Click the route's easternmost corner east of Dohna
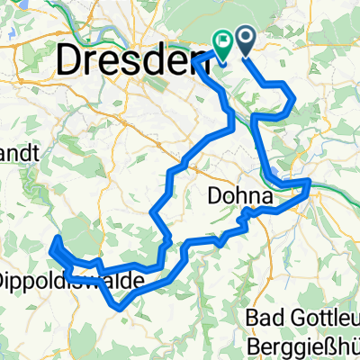click(310, 183)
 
